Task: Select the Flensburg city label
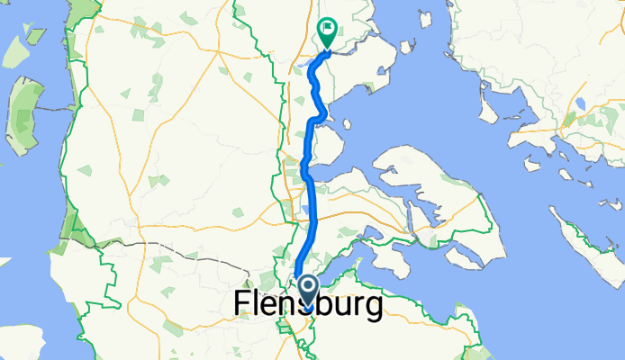(307, 305)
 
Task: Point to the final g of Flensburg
(370, 309)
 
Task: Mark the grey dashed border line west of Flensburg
(180, 249)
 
